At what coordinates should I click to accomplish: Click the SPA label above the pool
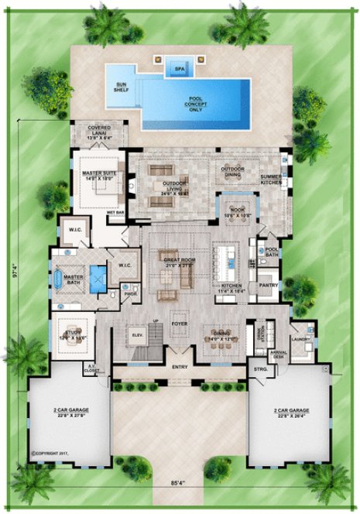tap(180, 68)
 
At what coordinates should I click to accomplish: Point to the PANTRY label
tap(268, 285)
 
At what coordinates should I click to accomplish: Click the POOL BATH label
tap(272, 251)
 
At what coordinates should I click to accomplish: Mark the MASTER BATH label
tap(74, 279)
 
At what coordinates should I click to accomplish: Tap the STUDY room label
tap(74, 334)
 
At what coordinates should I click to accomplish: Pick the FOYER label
tap(180, 315)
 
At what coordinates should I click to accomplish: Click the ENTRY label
tap(180, 367)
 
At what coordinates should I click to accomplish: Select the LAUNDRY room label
tap(301, 339)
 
